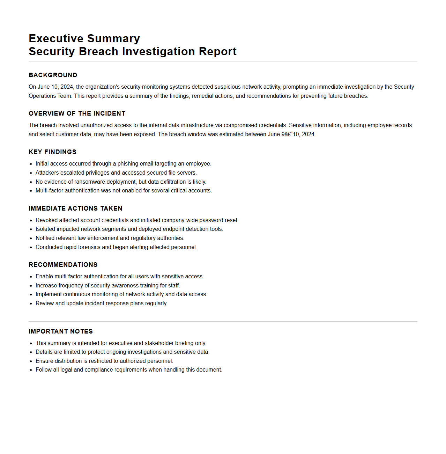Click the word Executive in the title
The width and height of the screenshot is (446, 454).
56,38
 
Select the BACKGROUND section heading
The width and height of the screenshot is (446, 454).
53,75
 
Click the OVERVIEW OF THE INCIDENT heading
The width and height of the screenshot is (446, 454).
77,113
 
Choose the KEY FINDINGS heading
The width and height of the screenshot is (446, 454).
52,152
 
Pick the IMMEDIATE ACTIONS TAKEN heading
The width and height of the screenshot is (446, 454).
75,208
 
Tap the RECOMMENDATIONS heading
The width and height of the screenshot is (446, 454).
63,265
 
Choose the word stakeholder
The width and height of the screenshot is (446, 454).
159,343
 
